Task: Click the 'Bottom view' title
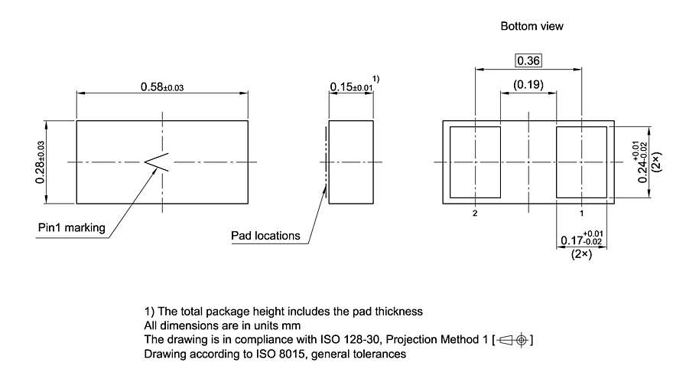532,26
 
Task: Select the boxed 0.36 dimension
528,60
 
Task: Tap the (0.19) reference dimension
528,85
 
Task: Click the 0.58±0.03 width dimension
161,87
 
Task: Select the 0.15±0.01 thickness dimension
351,87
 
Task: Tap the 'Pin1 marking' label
72,227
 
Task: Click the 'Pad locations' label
265,235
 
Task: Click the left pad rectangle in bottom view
475,162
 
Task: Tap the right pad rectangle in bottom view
581,162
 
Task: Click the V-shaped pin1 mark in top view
158,162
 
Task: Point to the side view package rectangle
352,162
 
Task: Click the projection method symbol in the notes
514,339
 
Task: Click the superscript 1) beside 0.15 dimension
376,79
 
